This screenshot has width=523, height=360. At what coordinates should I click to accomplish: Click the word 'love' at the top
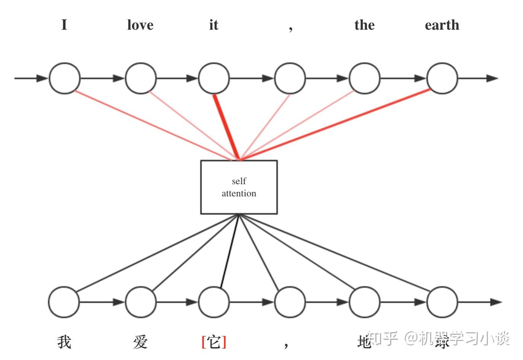[140, 25]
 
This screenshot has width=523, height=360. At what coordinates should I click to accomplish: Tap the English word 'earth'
[442, 25]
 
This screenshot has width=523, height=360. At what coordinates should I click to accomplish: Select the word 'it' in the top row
[214, 25]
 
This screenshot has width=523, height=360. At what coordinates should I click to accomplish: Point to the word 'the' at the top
[364, 25]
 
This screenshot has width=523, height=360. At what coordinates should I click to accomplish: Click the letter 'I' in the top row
[64, 25]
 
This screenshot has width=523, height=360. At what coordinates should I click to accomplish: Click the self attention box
[239, 187]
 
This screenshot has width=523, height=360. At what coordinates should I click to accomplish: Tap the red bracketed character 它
[214, 342]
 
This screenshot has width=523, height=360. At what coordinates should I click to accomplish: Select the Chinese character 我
[64, 342]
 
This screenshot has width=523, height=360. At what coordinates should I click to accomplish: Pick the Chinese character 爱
[140, 342]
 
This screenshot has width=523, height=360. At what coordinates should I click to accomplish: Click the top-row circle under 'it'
[214, 78]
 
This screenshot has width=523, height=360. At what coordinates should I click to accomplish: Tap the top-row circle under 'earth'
[442, 78]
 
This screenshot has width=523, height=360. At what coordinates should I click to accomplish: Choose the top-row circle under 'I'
[64, 78]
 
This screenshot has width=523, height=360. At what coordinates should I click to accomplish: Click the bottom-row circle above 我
[64, 302]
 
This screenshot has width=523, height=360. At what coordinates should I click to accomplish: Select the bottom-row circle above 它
[214, 302]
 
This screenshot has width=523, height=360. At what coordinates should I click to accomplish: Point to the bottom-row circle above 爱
[140, 302]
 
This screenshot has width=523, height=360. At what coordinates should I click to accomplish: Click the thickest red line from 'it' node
[226, 127]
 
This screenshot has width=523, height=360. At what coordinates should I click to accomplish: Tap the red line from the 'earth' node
[335, 124]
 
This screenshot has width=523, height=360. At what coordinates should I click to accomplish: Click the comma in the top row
[290, 28]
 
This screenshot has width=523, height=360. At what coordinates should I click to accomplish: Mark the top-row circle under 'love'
[140, 78]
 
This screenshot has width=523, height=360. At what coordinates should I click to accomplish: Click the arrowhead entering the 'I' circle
[42, 78]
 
